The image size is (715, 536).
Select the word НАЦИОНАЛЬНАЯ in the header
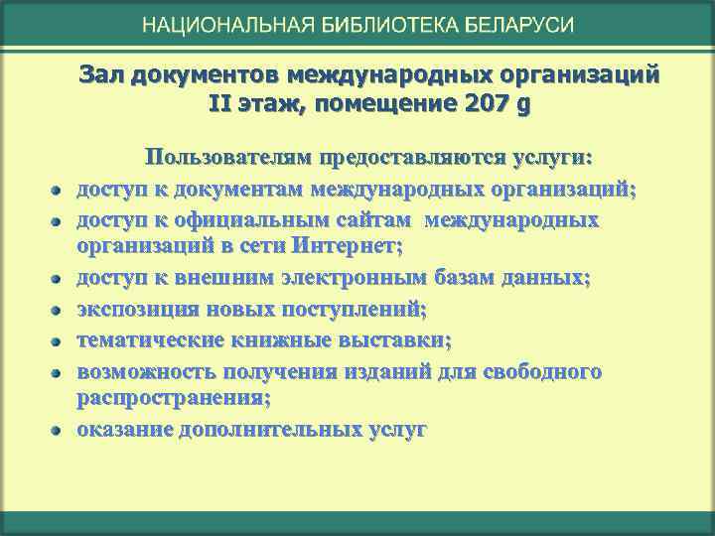(227, 25)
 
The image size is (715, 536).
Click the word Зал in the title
(97, 75)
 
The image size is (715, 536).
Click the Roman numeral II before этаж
(219, 104)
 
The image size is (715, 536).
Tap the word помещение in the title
(388, 104)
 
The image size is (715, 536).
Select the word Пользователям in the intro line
(229, 158)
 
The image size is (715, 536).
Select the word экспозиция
(135, 311)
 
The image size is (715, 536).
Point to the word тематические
(145, 341)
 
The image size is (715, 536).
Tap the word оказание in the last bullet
(125, 430)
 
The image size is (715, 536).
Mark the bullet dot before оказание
(59, 432)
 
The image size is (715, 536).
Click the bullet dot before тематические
(59, 343)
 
